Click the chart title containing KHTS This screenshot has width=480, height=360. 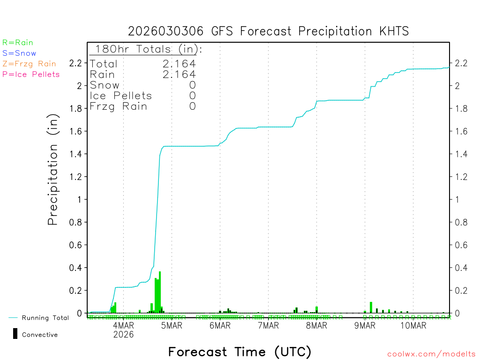pos(268,31)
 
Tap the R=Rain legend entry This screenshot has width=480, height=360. pos(18,43)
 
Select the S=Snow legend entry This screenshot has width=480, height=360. pos(19,53)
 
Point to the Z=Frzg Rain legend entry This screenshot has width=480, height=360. pos(29,64)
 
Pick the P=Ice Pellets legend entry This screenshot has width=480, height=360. pos(31,74)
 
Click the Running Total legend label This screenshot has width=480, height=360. pos(45,318)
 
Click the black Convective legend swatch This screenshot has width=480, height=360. pos(15,334)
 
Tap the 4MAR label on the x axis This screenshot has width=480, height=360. pos(124,326)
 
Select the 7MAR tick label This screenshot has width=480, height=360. pos(268,326)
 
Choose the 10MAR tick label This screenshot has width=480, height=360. pos(413,326)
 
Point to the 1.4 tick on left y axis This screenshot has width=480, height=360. pos(76,154)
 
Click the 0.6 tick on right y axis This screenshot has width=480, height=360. pos(459,245)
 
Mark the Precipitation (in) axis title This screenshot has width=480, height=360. pos(53,171)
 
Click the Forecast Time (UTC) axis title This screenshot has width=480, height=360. pos(240,352)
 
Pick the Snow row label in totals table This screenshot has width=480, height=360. pos(105,85)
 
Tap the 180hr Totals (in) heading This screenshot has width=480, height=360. pos(147,49)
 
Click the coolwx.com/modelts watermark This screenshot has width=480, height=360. pos(431,354)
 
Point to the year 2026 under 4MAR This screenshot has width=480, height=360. pos(124,335)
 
